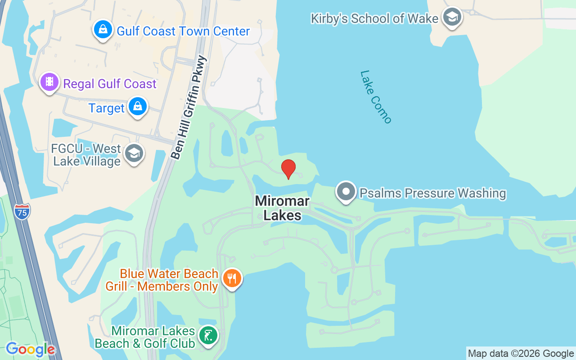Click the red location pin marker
pyautogui.click(x=288, y=169)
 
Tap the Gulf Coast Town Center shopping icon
pyautogui.click(x=103, y=30)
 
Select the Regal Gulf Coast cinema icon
pyautogui.click(x=49, y=82)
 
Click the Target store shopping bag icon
pyautogui.click(x=137, y=107)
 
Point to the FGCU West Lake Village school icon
pyautogui.click(x=134, y=153)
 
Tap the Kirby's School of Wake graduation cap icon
pyautogui.click(x=452, y=17)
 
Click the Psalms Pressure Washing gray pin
pyautogui.click(x=346, y=192)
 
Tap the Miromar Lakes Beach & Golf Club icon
pyautogui.click(x=207, y=336)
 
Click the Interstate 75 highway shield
pyautogui.click(x=22, y=211)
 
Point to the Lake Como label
pyautogui.click(x=376, y=97)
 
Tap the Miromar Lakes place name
pyautogui.click(x=282, y=208)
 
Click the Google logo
pyautogui.click(x=30, y=349)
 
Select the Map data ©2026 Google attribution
pyautogui.click(x=521, y=353)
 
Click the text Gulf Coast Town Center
pyautogui.click(x=183, y=31)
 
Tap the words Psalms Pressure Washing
pyautogui.click(x=432, y=193)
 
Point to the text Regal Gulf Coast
pyautogui.click(x=110, y=84)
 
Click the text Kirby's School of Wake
pyautogui.click(x=374, y=18)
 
